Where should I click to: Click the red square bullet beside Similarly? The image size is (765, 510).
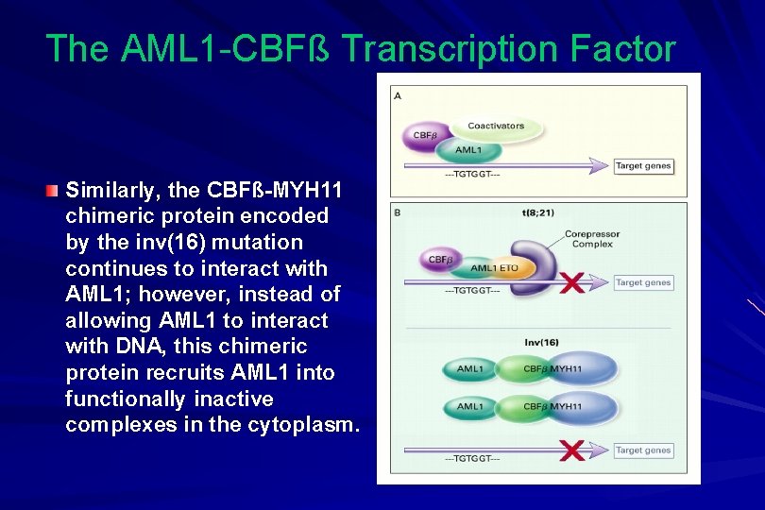point(54,191)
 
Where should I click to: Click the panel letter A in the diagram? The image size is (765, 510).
point(398,95)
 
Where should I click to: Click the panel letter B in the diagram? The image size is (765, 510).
point(398,213)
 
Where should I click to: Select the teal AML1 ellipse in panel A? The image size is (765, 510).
point(468,150)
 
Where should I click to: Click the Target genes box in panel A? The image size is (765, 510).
point(643,166)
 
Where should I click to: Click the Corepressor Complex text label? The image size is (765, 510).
point(592,239)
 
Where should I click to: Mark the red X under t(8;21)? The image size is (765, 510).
point(570,281)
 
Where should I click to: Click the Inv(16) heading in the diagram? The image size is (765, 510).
point(541,342)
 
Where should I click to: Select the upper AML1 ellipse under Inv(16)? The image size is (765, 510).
point(471,368)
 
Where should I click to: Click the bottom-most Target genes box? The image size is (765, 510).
point(643,450)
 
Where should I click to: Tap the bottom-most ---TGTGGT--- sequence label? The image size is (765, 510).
point(472,459)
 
